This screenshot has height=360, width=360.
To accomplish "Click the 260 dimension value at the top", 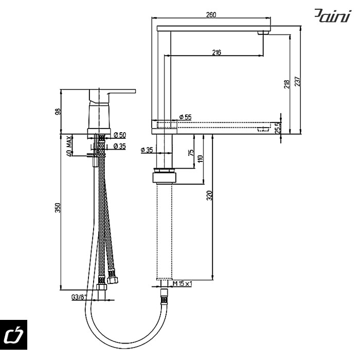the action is [211, 15].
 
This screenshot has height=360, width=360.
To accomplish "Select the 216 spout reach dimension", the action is [217, 52].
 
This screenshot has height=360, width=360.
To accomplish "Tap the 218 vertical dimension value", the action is [286, 84].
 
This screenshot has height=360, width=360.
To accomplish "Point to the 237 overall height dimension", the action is [298, 81].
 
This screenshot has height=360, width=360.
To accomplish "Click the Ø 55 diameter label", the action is [185, 117].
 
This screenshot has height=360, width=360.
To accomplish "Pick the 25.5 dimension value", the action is [278, 128].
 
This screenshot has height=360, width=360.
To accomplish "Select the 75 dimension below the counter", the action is [191, 153].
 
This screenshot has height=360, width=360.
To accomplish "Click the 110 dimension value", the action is [200, 159].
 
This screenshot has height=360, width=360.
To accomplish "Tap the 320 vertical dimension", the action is [209, 195].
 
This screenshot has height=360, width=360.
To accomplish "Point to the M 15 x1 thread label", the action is [182, 283].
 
